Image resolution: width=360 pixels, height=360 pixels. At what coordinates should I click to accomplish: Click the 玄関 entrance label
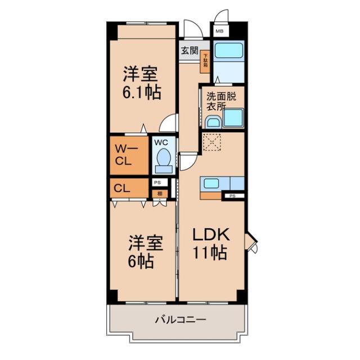point(190,50)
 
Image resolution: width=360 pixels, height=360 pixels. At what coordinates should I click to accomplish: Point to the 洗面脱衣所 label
point(221,100)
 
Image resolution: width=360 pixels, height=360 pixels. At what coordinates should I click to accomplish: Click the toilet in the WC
point(163,157)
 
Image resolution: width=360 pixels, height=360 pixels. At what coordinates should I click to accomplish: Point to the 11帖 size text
point(210,253)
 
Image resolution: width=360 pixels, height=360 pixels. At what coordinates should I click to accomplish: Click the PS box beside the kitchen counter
point(232,196)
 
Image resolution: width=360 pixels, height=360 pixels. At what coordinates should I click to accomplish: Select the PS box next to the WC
point(157,182)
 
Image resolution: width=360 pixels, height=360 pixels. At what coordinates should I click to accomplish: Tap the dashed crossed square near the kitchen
point(213,143)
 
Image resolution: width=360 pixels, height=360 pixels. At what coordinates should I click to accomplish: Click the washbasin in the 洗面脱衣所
point(213,121)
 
